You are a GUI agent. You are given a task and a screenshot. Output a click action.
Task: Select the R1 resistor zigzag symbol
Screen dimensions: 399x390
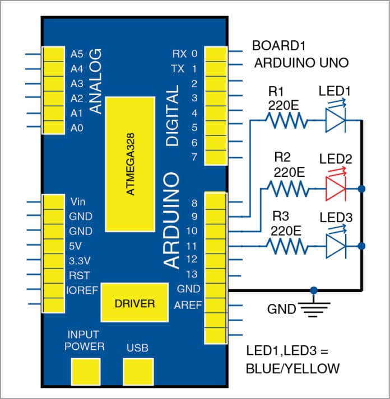286,120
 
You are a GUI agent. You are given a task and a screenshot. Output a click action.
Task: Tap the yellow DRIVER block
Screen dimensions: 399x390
134,303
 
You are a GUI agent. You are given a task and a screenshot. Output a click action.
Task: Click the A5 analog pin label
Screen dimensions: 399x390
77,54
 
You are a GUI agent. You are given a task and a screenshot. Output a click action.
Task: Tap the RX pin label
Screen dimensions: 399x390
180,54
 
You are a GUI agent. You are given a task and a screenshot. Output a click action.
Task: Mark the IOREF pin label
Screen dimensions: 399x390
82,290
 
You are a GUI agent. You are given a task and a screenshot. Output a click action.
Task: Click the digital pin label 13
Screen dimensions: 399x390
192,275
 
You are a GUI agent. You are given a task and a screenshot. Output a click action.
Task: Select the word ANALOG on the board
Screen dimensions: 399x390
96,81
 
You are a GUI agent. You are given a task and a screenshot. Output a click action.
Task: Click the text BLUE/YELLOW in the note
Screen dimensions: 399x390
292,369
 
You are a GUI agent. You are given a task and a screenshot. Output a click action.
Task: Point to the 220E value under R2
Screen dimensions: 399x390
289,174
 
